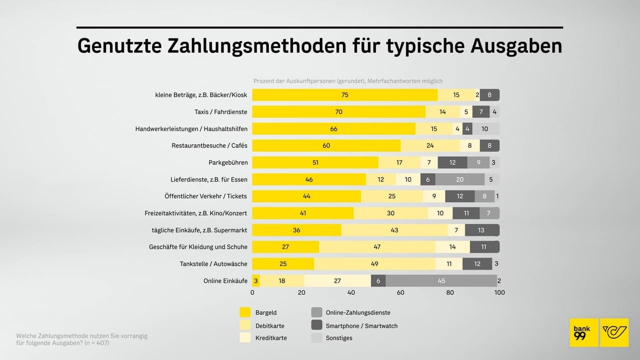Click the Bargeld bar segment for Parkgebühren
[x=315, y=162]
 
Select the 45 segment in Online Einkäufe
[x=441, y=281]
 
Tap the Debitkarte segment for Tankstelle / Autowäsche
[x=375, y=264]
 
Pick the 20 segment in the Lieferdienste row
[x=460, y=179]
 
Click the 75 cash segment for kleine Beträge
[x=345, y=95]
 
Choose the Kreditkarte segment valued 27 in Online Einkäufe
[x=337, y=281]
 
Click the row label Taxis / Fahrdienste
[x=221, y=112]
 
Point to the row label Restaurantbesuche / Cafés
[x=209, y=146]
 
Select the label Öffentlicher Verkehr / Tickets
[x=205, y=196]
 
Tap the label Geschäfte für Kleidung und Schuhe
[x=198, y=247]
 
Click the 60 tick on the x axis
[x=401, y=293]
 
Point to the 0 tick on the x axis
[x=252, y=293]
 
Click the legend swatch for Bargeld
[x=245, y=312]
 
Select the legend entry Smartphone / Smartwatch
[x=361, y=325]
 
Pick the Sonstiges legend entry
[x=339, y=338]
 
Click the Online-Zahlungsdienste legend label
[x=358, y=312]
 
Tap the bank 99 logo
[x=583, y=332]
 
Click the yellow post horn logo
[x=614, y=332]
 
